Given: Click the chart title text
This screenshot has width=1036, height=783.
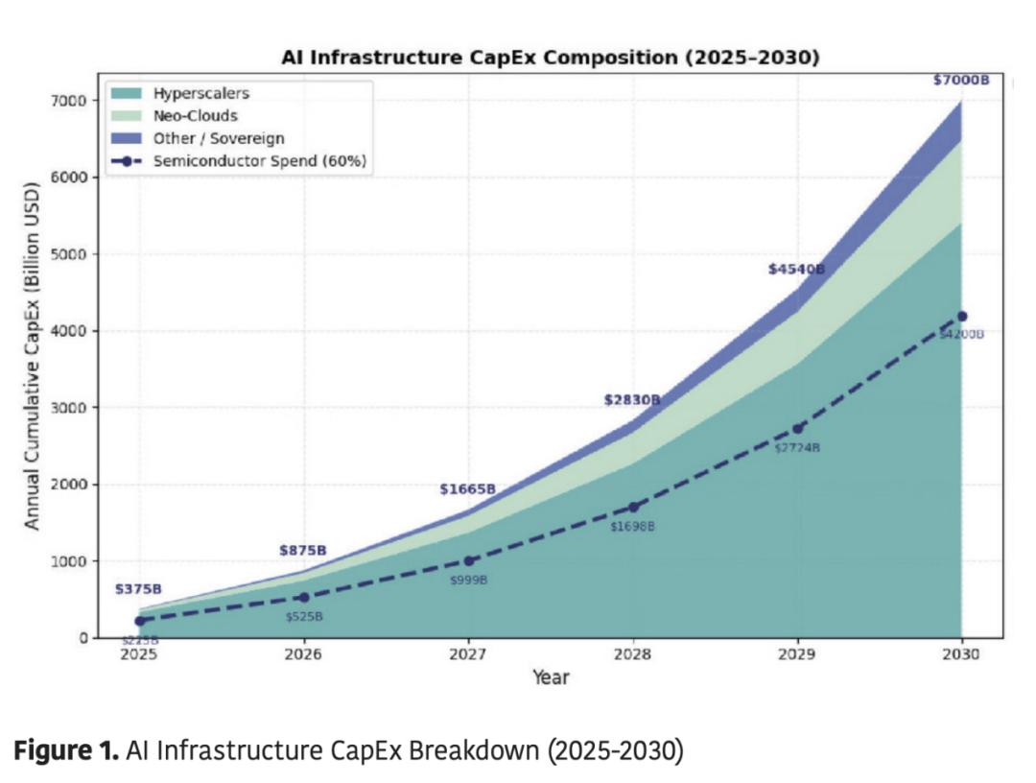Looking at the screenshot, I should [x=550, y=58].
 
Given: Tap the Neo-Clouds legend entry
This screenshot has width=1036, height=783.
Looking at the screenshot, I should [x=196, y=116].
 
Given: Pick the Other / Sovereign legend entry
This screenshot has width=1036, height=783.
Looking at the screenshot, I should [x=219, y=138].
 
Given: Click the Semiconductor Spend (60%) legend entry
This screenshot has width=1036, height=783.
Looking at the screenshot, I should [x=260, y=160].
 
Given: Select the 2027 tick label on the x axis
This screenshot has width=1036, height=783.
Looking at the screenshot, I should [x=468, y=654].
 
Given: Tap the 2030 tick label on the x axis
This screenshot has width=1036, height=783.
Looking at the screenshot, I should [x=961, y=654].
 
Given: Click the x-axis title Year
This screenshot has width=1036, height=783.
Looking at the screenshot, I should [x=551, y=677].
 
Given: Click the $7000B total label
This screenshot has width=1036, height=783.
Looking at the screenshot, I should [x=960, y=81].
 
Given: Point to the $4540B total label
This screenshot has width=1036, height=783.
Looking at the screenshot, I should [x=796, y=270].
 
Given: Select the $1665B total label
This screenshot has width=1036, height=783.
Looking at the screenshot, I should [x=467, y=489].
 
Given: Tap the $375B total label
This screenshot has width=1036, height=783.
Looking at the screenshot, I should [x=138, y=589].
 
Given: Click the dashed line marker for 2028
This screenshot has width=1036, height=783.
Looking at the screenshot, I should [x=633, y=508].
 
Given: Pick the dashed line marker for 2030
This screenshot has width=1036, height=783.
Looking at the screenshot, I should [x=962, y=316].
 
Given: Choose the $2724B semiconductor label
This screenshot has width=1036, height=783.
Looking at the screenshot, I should [x=797, y=448].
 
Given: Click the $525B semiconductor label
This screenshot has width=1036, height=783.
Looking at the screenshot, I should [x=304, y=616].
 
